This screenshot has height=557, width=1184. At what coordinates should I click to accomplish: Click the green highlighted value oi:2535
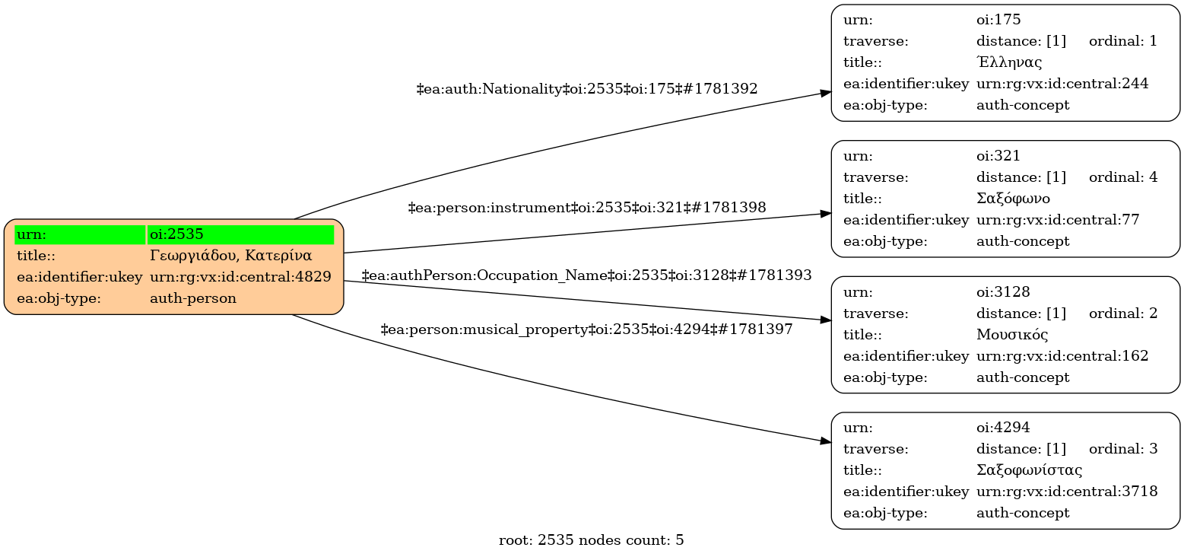point(176,234)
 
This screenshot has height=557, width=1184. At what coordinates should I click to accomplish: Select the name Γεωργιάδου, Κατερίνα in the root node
point(231,256)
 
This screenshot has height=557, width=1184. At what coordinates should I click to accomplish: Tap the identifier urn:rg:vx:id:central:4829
point(240,277)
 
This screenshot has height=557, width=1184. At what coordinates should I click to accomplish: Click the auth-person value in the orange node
point(193,298)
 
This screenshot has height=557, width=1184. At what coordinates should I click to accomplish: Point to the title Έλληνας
point(1009,62)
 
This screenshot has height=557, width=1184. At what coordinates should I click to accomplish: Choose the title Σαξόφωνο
point(1013,199)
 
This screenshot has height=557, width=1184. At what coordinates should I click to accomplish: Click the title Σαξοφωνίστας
point(1029,470)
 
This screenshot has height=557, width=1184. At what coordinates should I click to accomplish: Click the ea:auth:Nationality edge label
point(587,89)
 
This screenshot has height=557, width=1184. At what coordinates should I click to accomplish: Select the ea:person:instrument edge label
point(587,207)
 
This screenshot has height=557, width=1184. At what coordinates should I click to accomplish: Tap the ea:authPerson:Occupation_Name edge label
point(587,275)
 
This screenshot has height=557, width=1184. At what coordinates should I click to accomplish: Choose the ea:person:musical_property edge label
point(587,329)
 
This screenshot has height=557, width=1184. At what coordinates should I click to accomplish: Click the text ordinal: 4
point(1123,177)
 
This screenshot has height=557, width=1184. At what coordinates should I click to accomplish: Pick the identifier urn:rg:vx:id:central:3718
point(1067,492)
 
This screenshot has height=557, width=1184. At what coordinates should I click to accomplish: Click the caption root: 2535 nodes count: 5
point(591,540)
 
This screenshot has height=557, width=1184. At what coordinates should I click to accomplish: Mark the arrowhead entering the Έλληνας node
point(825,93)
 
